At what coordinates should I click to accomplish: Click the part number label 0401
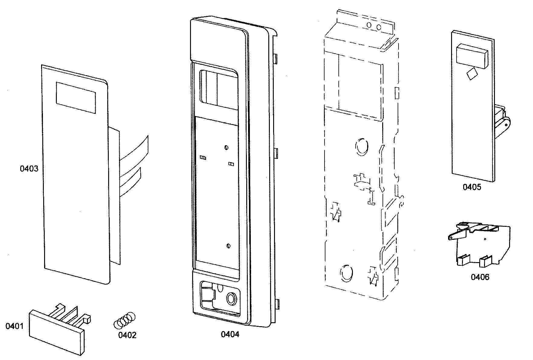(x=14, y=326)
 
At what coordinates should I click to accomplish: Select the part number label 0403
(x=29, y=169)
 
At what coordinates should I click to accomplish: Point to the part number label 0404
(x=230, y=334)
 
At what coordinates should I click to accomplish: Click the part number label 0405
(x=472, y=187)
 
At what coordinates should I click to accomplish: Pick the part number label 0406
(x=480, y=277)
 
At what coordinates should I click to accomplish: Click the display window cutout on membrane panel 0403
(x=76, y=98)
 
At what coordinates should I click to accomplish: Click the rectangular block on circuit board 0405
(x=471, y=55)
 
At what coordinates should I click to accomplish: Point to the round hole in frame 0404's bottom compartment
(x=232, y=299)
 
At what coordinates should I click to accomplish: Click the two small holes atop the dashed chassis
(x=373, y=27)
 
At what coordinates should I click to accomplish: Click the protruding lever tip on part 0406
(x=451, y=238)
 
